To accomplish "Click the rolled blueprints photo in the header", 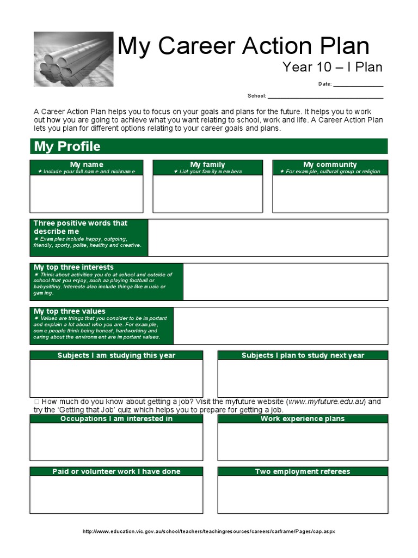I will [73, 59].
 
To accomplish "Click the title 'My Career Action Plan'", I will [243, 46].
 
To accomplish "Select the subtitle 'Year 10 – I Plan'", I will [332, 67].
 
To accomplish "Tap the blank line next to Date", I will [358, 85].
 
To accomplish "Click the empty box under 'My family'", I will [207, 193].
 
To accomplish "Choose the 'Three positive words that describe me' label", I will [81, 227].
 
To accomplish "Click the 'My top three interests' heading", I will [73, 267].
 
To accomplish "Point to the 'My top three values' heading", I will [70, 311].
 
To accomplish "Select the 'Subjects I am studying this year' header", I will [116, 355].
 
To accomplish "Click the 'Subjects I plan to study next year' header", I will [303, 355].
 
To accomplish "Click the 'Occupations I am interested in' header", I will [116, 418].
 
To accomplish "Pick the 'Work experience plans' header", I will [303, 418].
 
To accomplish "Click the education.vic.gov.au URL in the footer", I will [208, 531].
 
